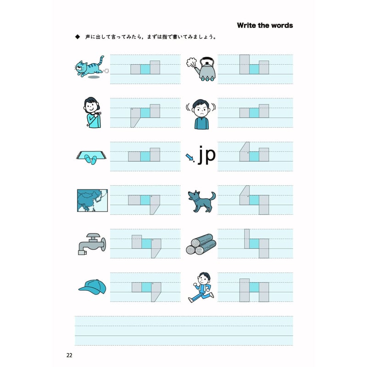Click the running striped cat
coord(90,67)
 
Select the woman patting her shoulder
coord(92,112)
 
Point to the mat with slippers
coord(91,156)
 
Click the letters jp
coord(207,155)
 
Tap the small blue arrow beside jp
coord(189,157)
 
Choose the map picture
coord(93,200)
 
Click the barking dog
coord(201,201)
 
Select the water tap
coord(92,244)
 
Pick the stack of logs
coord(201,244)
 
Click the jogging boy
coord(201,287)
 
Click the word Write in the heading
coord(246,25)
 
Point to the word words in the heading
coord(282,25)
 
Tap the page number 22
coord(69,355)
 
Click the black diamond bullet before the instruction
coord(78,37)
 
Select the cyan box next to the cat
coord(145,69)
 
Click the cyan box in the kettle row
coord(254,69)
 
